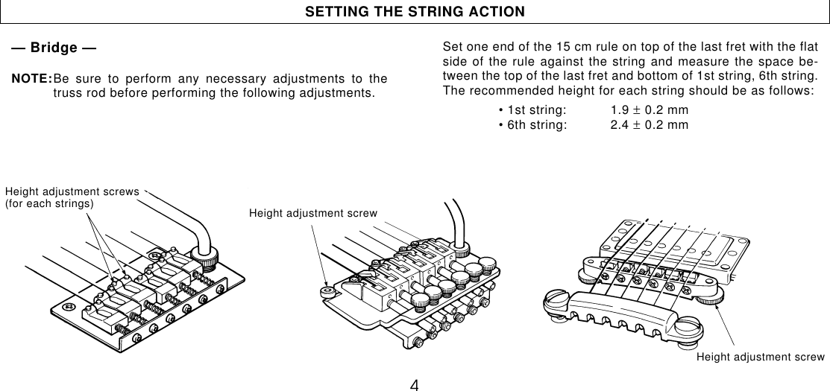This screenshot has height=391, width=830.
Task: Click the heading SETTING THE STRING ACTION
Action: pyautogui.click(x=415, y=12)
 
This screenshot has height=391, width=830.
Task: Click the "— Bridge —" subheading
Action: pyautogui.click(x=53, y=48)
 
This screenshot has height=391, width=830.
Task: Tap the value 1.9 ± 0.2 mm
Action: pyautogui.click(x=649, y=110)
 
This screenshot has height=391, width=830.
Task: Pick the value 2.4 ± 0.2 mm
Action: pyautogui.click(x=649, y=124)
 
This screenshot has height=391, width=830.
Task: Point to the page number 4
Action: pyautogui.click(x=415, y=384)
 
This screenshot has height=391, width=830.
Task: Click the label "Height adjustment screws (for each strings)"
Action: pyautogui.click(x=72, y=197)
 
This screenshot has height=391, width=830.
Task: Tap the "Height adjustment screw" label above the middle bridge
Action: pyautogui.click(x=313, y=214)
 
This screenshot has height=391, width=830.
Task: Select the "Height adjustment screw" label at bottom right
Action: pyautogui.click(x=761, y=357)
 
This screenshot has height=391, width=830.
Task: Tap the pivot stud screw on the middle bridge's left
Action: pyautogui.click(x=326, y=291)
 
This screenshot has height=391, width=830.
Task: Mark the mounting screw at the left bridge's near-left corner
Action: pyautogui.click(x=69, y=306)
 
